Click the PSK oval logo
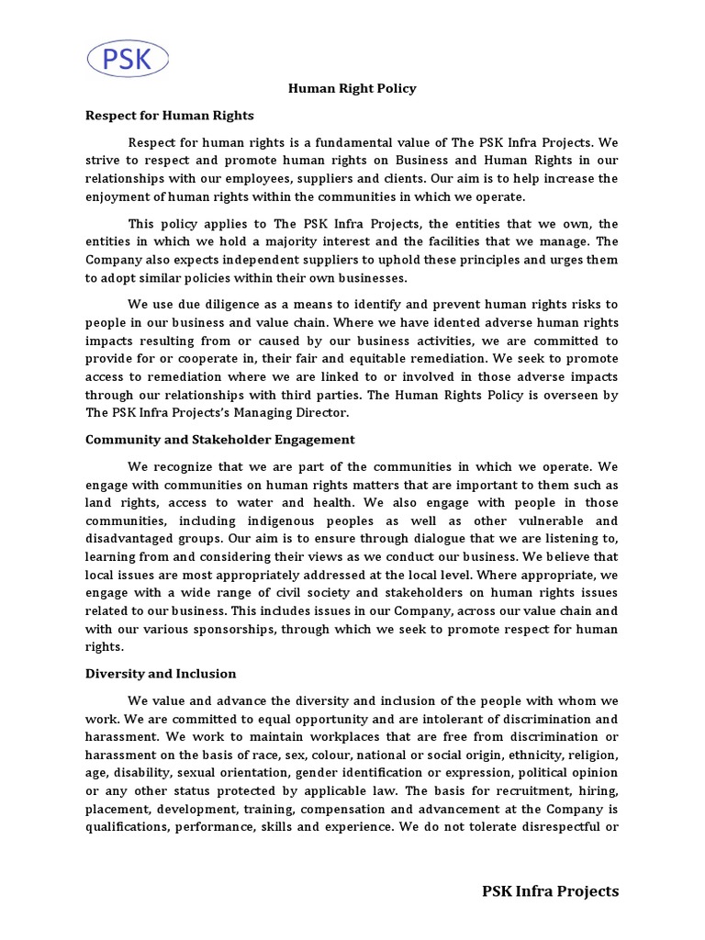pyautogui.click(x=128, y=59)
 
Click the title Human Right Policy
pyautogui.click(x=352, y=89)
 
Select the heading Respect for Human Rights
pyautogui.click(x=170, y=116)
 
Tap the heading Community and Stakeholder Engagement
pyautogui.click(x=220, y=440)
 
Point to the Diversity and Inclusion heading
pyautogui.click(x=161, y=673)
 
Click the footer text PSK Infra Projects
pyautogui.click(x=551, y=890)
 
